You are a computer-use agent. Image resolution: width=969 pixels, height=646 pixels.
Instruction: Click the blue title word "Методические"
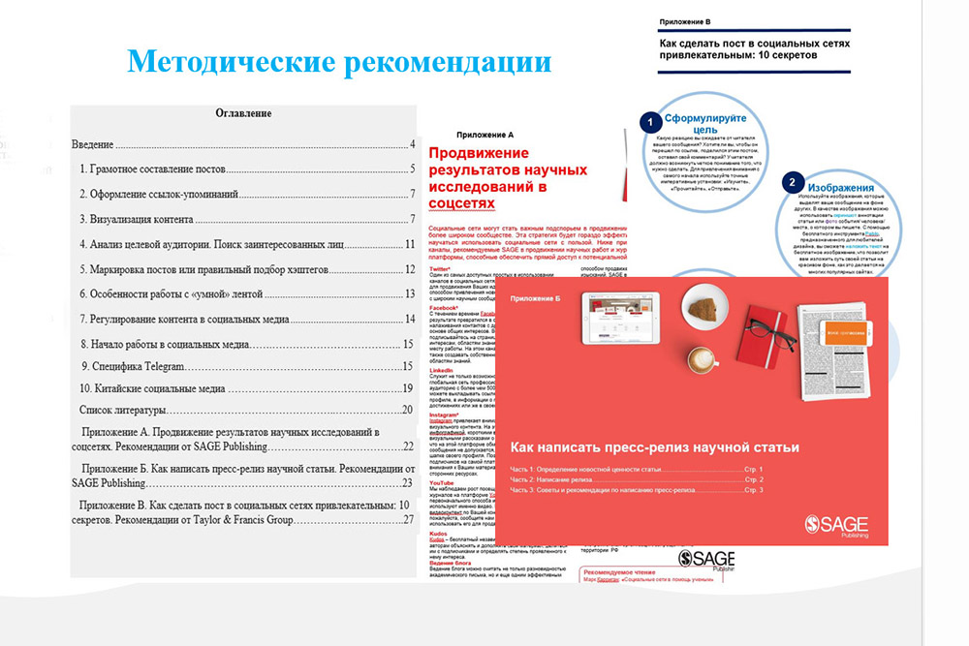[230, 63]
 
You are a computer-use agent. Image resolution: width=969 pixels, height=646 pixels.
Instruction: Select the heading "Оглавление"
[242, 113]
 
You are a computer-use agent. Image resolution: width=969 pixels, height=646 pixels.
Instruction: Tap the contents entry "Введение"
[93, 144]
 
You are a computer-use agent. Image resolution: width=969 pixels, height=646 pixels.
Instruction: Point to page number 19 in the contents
[408, 388]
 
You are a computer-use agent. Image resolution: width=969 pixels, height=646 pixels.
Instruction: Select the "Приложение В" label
[683, 19]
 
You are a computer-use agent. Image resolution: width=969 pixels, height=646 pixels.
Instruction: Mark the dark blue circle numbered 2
[793, 181]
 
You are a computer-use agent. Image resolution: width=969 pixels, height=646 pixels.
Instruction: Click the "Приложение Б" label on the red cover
[537, 299]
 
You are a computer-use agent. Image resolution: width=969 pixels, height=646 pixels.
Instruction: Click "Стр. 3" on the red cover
[754, 490]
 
